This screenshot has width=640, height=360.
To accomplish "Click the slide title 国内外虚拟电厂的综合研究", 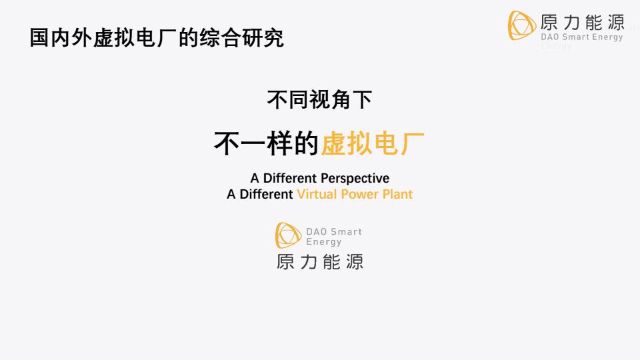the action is pos(157,38).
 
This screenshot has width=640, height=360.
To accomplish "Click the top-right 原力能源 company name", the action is pos(583,22).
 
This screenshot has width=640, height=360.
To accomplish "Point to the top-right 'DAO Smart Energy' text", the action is pos(581,37).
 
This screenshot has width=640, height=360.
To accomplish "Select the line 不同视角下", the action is pos(319,99).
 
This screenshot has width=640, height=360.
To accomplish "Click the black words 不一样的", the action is pos(266,143).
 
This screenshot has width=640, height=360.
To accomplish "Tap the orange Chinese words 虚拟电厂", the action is pos(372,143).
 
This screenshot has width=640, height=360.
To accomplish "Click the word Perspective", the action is pos(355,179).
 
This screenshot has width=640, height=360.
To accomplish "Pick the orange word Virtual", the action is pos(317,194).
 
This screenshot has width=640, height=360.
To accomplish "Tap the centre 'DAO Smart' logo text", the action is pos(334,231).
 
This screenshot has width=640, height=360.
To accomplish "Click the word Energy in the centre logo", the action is pos(324,242).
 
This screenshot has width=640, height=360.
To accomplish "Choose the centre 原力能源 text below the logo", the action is pos(320,261).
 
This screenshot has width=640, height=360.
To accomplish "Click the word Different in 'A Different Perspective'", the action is pos(290,179).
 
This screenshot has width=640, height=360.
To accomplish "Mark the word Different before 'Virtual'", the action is pos(266,194).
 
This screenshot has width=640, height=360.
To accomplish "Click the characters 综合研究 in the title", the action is pos(241,38).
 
